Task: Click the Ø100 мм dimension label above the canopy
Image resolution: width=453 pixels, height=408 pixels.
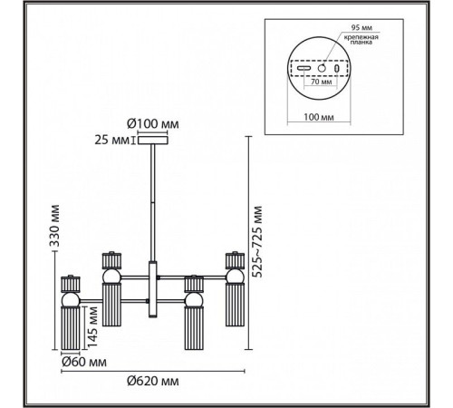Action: click(153, 124)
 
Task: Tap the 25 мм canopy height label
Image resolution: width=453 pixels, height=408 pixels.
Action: click(111, 141)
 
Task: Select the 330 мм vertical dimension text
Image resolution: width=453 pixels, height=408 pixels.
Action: click(54, 226)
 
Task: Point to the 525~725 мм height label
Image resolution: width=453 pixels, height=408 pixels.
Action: click(257, 241)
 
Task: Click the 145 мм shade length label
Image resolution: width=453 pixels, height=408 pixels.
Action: click(92, 326)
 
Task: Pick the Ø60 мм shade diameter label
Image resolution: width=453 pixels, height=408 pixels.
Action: click(84, 362)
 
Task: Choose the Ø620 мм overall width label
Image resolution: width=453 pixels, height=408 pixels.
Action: click(153, 381)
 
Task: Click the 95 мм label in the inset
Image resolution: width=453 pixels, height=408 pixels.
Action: click(361, 28)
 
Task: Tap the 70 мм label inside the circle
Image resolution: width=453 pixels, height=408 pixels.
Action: click(321, 82)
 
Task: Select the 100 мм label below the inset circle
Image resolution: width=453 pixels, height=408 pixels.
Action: click(319, 117)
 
